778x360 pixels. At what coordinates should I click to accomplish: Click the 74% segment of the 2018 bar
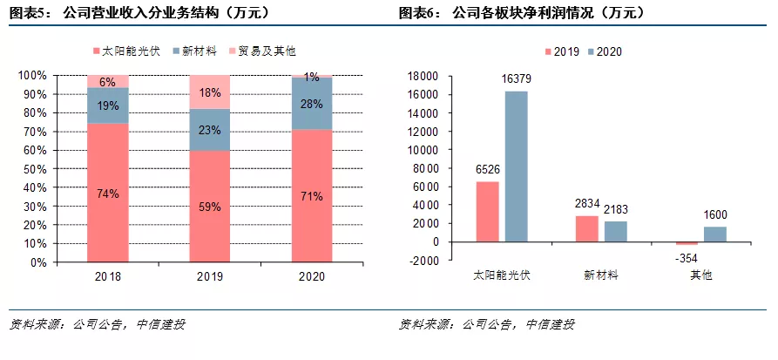point(108,193)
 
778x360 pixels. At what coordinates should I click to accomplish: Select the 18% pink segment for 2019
point(210,92)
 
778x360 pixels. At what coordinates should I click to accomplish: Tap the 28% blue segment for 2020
point(312,104)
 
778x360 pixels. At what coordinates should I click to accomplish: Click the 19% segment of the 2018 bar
point(108,105)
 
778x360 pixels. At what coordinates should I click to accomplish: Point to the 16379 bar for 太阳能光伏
point(516,166)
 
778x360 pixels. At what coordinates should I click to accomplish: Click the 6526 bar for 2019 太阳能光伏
point(488,212)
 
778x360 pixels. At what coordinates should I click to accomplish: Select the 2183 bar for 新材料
point(615,231)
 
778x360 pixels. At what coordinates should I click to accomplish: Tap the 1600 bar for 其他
point(714,234)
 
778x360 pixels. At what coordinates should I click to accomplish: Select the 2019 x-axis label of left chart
point(210,276)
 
